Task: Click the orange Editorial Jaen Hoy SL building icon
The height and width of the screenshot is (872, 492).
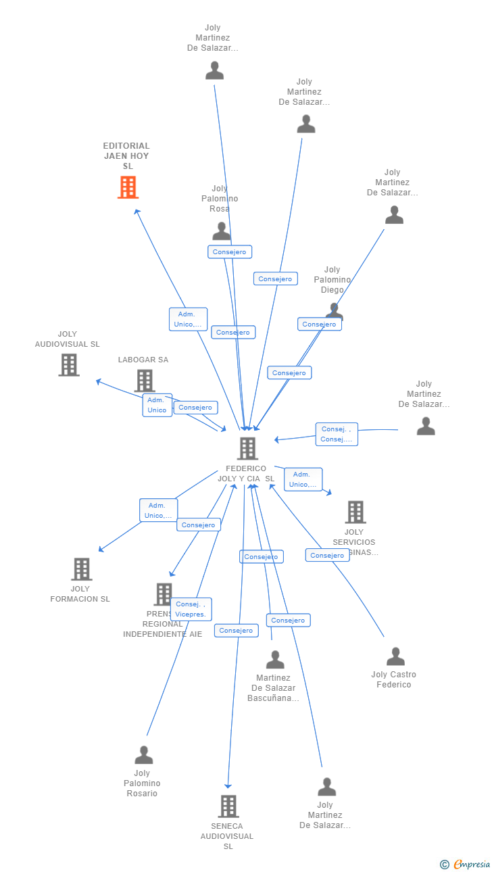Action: (x=128, y=187)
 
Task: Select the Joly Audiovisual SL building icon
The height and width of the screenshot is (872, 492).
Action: (x=68, y=365)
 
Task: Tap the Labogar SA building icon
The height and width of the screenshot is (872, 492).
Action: (x=144, y=381)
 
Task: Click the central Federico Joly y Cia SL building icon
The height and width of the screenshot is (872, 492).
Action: (x=247, y=448)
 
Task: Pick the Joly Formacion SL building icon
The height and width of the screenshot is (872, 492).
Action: (x=81, y=569)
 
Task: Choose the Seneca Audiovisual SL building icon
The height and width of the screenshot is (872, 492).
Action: (x=228, y=806)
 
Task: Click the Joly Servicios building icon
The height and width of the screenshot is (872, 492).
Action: (x=355, y=512)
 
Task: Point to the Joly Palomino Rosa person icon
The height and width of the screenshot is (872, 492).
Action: (x=221, y=231)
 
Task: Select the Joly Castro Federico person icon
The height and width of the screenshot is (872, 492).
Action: (x=395, y=656)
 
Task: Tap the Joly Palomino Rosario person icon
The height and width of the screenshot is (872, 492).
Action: (x=143, y=755)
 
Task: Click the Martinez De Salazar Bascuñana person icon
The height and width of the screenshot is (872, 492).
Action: (x=274, y=659)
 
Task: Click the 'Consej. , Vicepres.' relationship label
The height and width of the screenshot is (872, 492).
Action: (x=191, y=609)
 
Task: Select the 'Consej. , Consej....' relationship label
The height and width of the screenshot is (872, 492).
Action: (x=337, y=434)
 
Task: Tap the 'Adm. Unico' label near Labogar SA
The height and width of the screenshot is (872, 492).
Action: (x=157, y=405)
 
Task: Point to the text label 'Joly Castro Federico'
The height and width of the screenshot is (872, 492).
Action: (x=393, y=679)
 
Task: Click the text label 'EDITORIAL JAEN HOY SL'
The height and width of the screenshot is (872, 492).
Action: (x=126, y=155)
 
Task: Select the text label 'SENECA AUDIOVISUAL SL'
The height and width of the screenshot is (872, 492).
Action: (x=227, y=836)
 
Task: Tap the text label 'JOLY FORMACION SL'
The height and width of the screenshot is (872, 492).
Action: (x=80, y=594)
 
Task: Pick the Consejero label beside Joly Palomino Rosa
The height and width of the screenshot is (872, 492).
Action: (x=230, y=251)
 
